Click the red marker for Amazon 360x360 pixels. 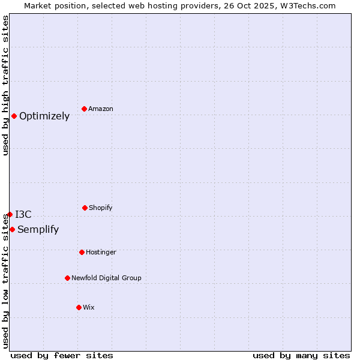pyautogui.click(x=84, y=109)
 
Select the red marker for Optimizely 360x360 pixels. pyautogui.click(x=14, y=116)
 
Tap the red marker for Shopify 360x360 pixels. pyautogui.click(x=85, y=208)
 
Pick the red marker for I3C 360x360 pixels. pyautogui.click(x=10, y=214)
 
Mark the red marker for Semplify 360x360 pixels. pyautogui.click(x=12, y=229)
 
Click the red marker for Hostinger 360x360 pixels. pyautogui.click(x=82, y=252)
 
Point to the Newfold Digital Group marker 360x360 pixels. pyautogui.click(x=67, y=278)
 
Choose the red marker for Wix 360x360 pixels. pyautogui.click(x=79, y=307)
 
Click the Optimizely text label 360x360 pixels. pyautogui.click(x=44, y=116)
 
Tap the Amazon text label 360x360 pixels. pyautogui.click(x=101, y=109)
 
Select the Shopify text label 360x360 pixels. pyautogui.click(x=101, y=208)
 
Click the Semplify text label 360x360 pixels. pyautogui.click(x=38, y=230)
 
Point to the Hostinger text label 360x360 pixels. pyautogui.click(x=101, y=253)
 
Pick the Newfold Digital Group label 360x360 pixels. pyautogui.click(x=106, y=278)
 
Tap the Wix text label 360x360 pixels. pyautogui.click(x=89, y=308)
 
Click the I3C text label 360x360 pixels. pyautogui.click(x=23, y=215)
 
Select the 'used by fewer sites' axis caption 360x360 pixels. pyautogui.click(x=62, y=355)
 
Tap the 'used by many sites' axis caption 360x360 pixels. pyautogui.click(x=301, y=355)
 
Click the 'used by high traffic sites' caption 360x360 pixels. pyautogui.click(x=5, y=85)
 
